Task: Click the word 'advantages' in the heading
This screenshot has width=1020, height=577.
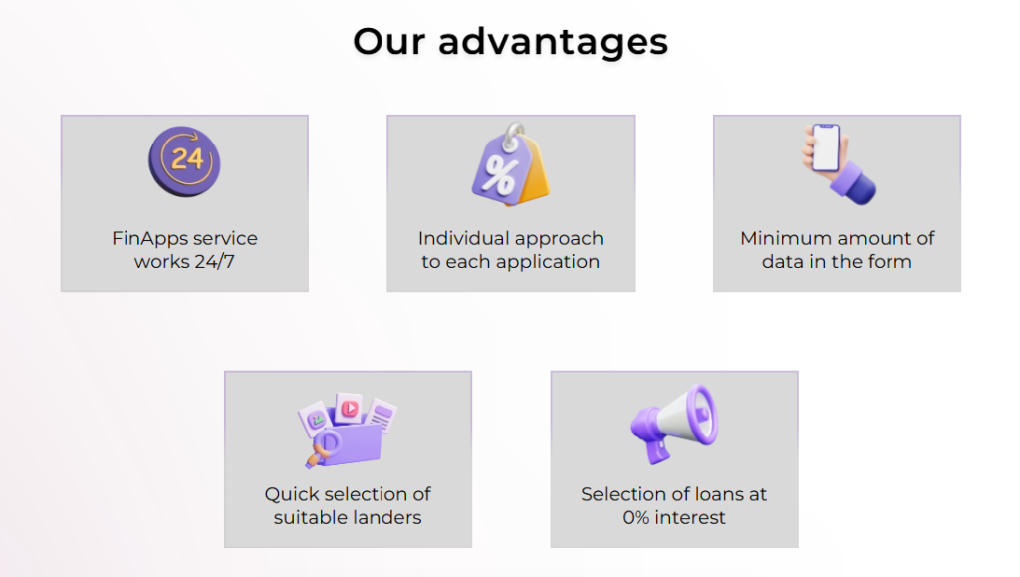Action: click(553, 43)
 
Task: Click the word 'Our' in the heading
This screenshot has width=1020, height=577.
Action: click(387, 41)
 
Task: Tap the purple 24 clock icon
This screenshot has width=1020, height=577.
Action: click(184, 161)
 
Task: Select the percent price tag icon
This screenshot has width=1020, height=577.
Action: click(511, 164)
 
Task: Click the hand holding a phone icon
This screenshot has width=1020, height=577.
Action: click(838, 163)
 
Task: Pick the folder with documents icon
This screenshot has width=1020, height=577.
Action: click(348, 430)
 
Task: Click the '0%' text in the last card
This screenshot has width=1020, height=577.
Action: click(636, 518)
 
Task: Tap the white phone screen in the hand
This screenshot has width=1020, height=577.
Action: click(826, 148)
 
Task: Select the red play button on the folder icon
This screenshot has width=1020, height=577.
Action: click(350, 408)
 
